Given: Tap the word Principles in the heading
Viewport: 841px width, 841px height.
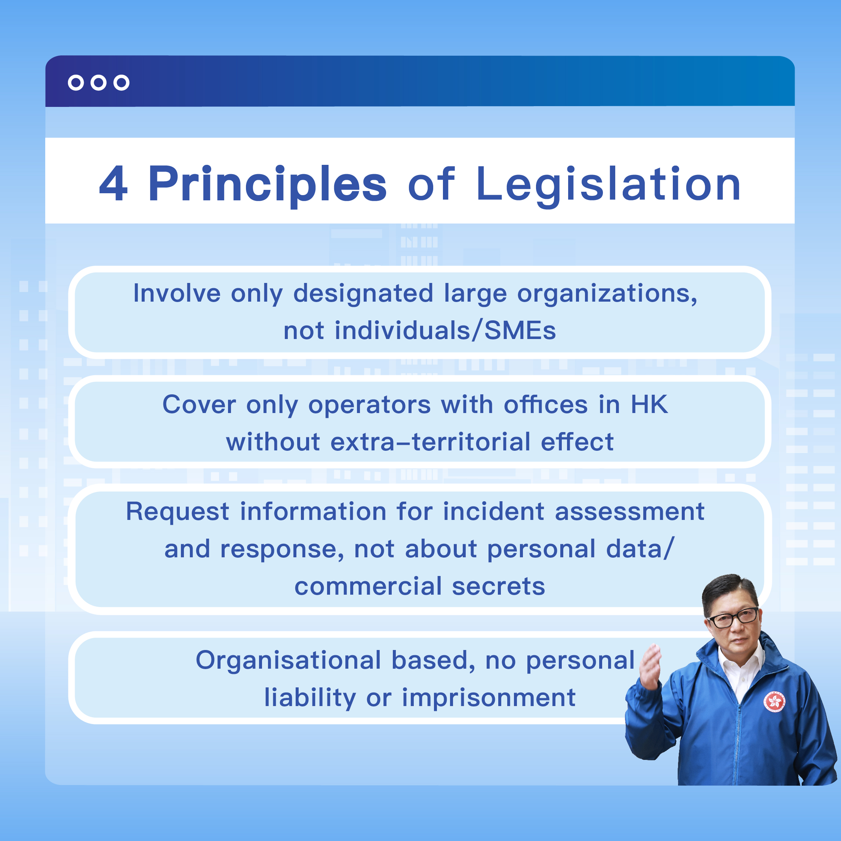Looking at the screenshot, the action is [x=267, y=185].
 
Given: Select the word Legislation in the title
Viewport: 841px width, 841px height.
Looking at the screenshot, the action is [x=609, y=185].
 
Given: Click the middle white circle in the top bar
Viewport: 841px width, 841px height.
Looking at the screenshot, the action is [x=98, y=82].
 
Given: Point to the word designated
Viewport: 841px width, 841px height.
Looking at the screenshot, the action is [x=363, y=293].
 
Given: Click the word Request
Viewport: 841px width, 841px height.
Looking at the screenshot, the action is [x=178, y=512].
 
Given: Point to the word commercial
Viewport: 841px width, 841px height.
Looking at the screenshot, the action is [x=368, y=586].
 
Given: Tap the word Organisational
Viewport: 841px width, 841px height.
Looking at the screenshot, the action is [x=289, y=661].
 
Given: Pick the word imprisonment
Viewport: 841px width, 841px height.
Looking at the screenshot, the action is [x=489, y=698].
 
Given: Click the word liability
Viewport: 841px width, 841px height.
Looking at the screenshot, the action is [x=310, y=698].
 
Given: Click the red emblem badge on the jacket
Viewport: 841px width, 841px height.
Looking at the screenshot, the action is [x=774, y=701].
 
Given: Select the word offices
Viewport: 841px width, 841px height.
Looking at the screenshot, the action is [x=546, y=404].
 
